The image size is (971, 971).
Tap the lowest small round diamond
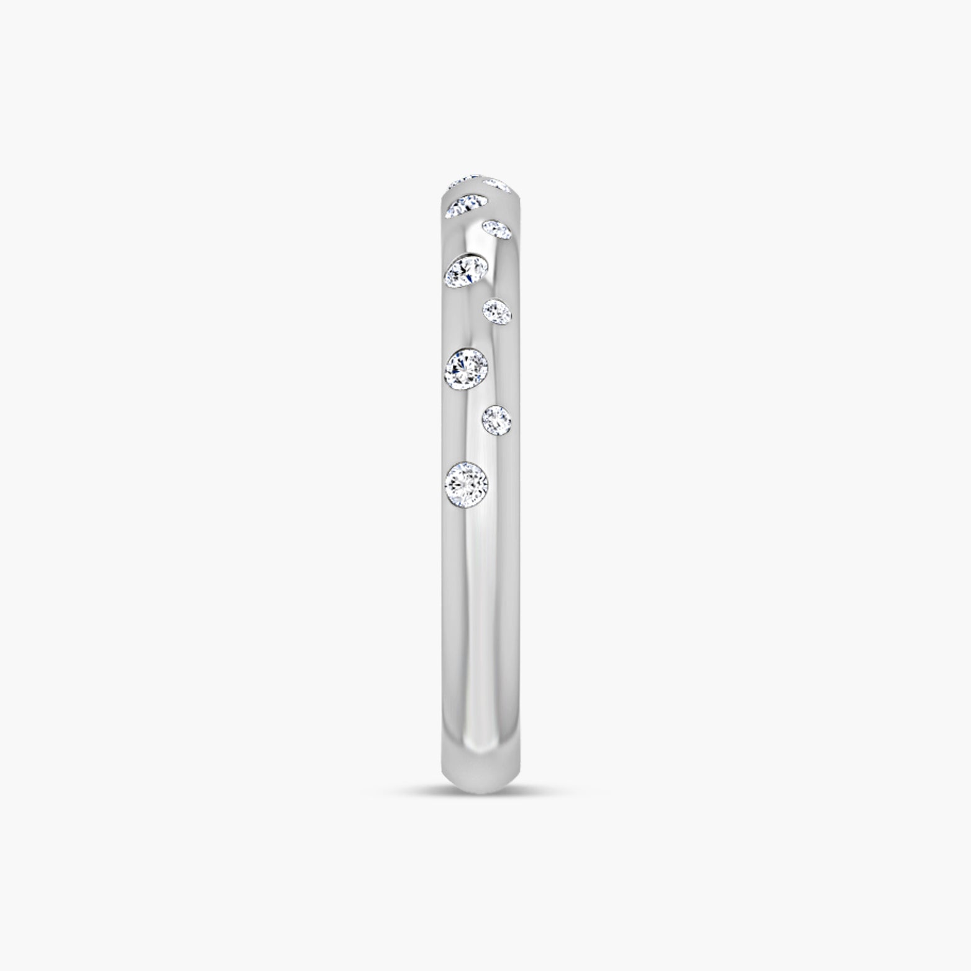pos(497,421)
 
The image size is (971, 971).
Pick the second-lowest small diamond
pos(498,311)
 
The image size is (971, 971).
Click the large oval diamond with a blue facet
pos(467,271)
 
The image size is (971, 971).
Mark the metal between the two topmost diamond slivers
pos(481,181)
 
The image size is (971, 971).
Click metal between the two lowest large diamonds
pos(467,426)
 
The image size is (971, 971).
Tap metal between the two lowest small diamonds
pos(497,367)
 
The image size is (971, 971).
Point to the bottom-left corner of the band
pos(444,777)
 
